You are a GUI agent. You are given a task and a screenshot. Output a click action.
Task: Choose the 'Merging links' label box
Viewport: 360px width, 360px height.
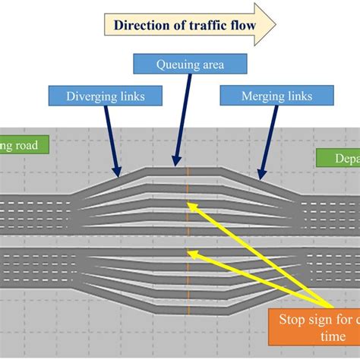[276, 96]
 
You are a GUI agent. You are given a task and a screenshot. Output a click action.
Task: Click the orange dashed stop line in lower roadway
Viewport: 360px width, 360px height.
[187, 281]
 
